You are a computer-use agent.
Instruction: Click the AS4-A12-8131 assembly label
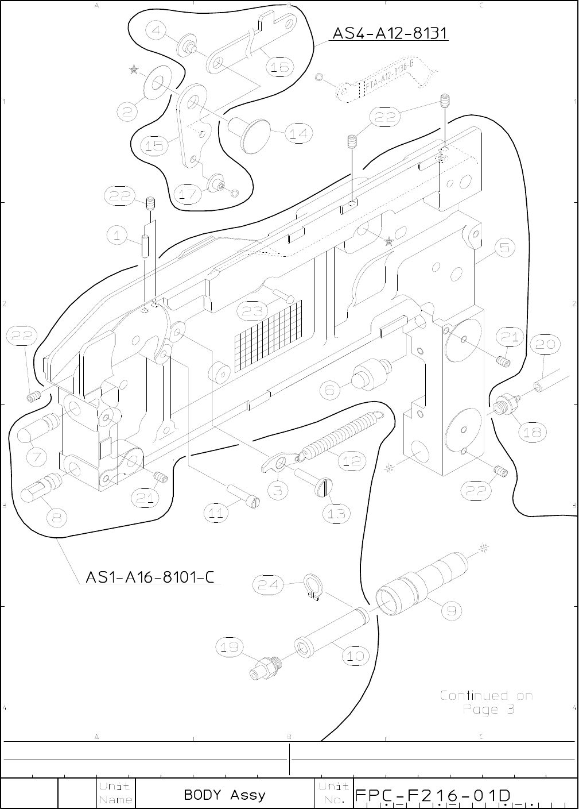390,34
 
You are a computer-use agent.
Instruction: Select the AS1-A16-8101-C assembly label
149,576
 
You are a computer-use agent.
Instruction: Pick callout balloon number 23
253,311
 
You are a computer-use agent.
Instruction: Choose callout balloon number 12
352,460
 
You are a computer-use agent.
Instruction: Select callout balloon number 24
269,585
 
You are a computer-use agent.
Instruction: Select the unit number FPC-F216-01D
433,796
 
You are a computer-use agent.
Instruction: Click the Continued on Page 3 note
487,702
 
